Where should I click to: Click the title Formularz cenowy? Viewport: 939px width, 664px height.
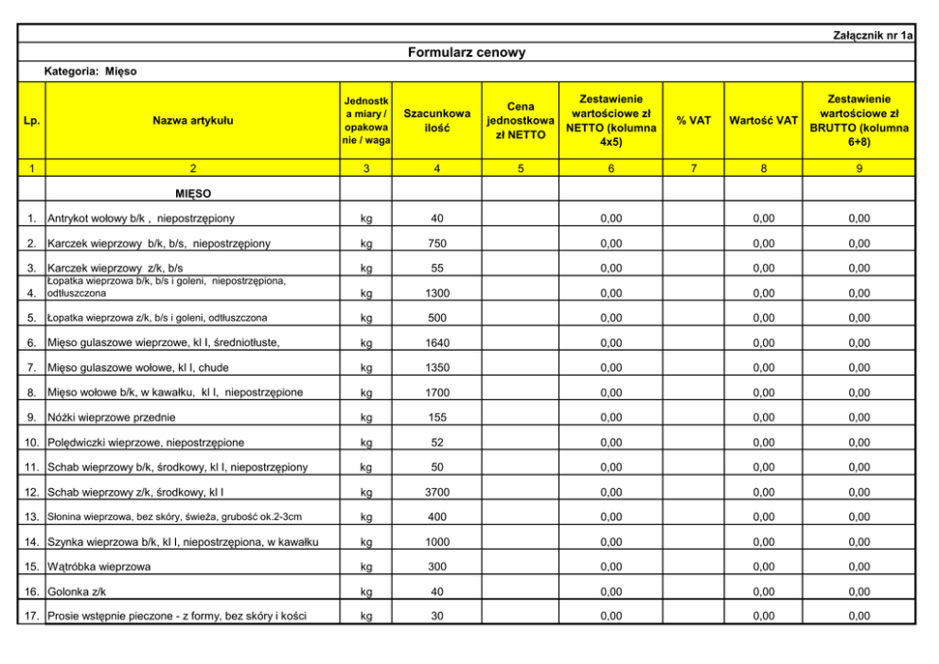[x=466, y=52]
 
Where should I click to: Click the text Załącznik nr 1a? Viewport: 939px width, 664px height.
[x=873, y=35]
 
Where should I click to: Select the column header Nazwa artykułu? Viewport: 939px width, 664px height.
[x=193, y=120]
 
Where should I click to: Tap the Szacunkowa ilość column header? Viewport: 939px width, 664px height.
[x=436, y=120]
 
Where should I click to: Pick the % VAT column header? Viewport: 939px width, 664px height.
[x=693, y=120]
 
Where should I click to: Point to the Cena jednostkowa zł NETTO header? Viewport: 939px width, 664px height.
[x=520, y=120]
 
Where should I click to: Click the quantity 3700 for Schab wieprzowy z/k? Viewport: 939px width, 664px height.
[x=436, y=492]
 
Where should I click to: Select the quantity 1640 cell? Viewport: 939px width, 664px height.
[x=436, y=342]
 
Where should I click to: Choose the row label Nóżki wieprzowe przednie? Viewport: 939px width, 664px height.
[x=111, y=417]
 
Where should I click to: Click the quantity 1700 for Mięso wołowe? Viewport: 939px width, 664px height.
[x=436, y=393]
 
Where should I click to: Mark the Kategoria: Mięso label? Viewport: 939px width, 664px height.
[x=90, y=71]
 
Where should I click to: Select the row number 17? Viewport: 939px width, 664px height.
[x=31, y=617]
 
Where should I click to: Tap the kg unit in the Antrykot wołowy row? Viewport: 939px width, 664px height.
[x=366, y=218]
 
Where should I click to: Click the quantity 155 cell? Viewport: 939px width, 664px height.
[x=436, y=417]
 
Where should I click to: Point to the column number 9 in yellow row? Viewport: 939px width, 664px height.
[x=858, y=168]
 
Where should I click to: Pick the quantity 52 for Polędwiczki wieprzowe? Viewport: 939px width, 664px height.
[x=436, y=443]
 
